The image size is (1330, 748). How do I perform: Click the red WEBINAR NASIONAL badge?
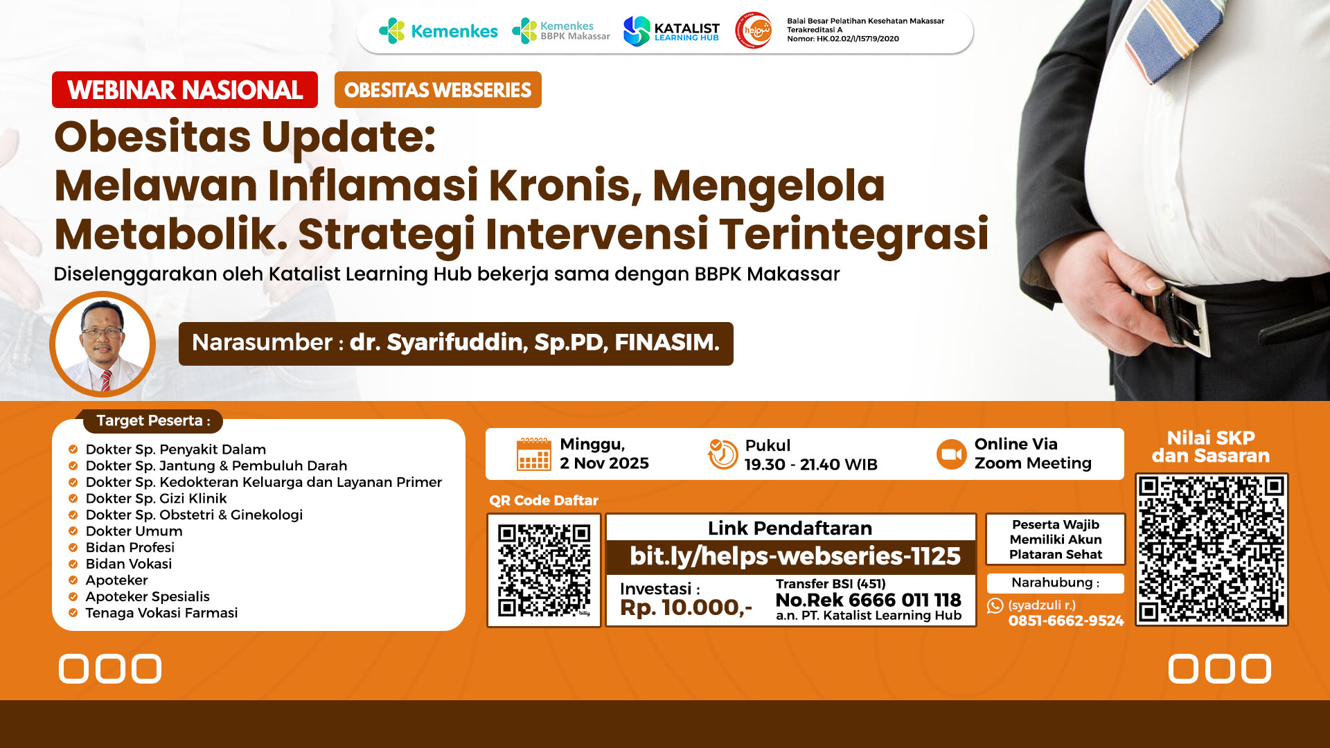(x=185, y=90)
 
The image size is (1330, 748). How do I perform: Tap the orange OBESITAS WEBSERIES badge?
(x=438, y=90)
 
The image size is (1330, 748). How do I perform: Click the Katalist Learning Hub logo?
(x=671, y=31)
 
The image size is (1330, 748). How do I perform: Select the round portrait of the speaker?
(x=103, y=344)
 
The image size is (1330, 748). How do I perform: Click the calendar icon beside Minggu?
(x=534, y=454)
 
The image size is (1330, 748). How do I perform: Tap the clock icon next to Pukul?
(x=722, y=454)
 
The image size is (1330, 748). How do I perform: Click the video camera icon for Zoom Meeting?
(x=952, y=454)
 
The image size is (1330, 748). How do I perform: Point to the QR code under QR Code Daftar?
(x=544, y=570)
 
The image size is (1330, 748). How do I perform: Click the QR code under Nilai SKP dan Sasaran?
(x=1212, y=550)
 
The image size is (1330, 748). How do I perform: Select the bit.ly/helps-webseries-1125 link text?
(x=795, y=556)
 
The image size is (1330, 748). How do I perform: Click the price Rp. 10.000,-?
(x=686, y=607)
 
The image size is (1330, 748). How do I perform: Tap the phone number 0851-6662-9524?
(x=1066, y=621)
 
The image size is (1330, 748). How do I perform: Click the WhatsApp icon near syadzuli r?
(x=995, y=606)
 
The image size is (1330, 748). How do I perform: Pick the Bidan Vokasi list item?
(x=129, y=564)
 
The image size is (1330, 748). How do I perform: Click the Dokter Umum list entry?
(x=134, y=531)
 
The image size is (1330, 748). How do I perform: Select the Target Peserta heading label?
(x=153, y=420)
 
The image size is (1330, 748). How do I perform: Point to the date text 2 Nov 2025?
(x=604, y=463)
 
